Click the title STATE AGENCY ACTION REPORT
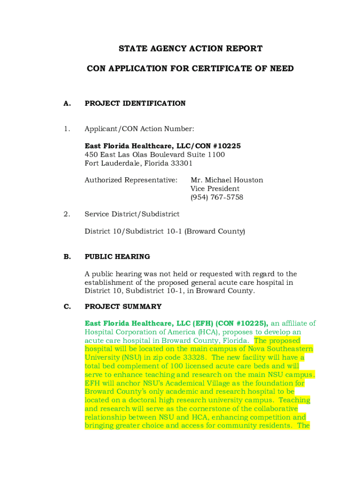coord(190,49)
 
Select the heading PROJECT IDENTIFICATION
coord(135,103)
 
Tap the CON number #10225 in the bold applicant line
coord(224,146)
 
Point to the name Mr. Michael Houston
coord(227,180)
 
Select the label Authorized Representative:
coord(131,180)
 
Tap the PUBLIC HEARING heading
coord(117,257)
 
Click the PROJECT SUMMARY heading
coord(123,307)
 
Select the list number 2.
coord(67,214)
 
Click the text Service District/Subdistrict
coord(132,214)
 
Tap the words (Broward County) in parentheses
coord(215,232)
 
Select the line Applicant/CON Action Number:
coord(139,129)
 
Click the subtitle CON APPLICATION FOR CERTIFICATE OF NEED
coord(190,69)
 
